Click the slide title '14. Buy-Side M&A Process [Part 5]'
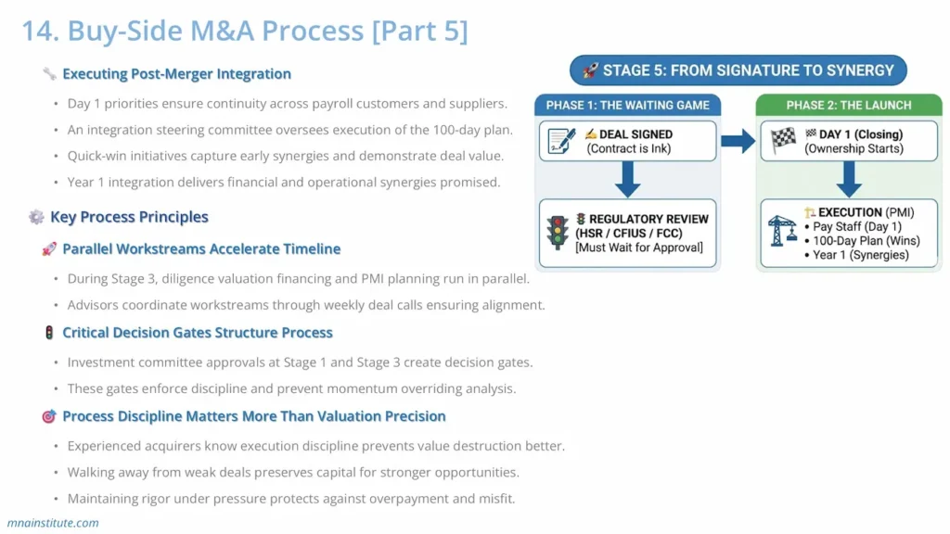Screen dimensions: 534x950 [x=245, y=31]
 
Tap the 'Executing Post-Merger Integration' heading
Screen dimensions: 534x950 [x=176, y=74]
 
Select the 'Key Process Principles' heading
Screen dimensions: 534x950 [x=129, y=217]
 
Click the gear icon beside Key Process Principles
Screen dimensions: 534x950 [x=36, y=217]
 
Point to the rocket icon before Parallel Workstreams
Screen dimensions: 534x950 [x=49, y=249]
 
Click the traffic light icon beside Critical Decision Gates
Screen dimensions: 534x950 [x=49, y=333]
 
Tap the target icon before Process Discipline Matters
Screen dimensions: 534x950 [x=49, y=416]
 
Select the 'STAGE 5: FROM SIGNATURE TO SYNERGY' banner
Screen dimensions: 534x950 [x=738, y=70]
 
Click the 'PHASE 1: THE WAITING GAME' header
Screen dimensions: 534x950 [x=627, y=105]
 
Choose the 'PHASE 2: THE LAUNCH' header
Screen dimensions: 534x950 [x=849, y=105]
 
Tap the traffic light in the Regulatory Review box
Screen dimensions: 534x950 [x=558, y=233]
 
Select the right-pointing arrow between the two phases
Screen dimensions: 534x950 [x=738, y=141]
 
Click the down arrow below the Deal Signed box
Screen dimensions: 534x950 [x=627, y=179]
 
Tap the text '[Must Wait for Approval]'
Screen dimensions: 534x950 [x=639, y=248]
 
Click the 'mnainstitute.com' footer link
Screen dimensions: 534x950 [x=53, y=523]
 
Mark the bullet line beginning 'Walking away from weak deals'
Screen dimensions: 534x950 [x=292, y=473]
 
